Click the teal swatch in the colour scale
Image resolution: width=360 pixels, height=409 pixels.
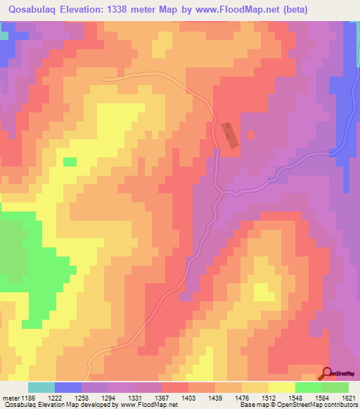click(x=41, y=388)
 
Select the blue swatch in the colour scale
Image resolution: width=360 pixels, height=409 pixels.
click(x=68, y=388)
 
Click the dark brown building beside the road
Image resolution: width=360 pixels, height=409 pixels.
click(x=230, y=135)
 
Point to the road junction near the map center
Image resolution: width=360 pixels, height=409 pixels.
click(x=222, y=189)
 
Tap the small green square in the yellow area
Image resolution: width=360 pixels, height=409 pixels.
click(x=70, y=162)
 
